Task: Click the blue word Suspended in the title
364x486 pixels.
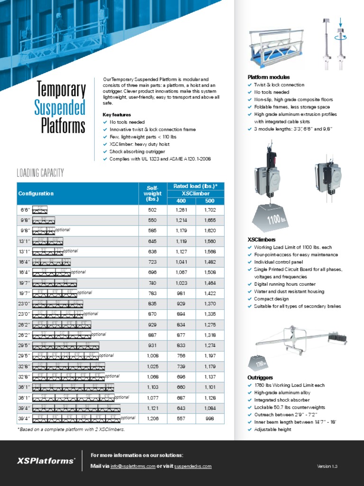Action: (60, 108)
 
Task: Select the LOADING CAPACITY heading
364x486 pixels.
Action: (40, 173)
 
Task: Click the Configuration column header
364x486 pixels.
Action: (36, 194)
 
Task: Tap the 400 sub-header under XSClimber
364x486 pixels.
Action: (181, 201)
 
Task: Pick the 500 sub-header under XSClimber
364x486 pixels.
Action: (209, 201)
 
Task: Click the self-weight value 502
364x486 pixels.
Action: (152, 210)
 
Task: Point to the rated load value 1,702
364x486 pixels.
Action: (209, 210)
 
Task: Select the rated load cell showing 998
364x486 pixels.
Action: (209, 418)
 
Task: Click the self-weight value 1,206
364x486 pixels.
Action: (152, 418)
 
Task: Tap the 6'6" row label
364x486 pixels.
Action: (25, 210)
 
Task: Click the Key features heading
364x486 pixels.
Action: (117, 115)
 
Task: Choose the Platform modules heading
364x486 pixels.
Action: (269, 77)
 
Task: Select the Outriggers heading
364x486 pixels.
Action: (260, 377)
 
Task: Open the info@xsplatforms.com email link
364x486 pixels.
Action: (133, 467)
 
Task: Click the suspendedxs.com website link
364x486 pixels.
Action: (192, 467)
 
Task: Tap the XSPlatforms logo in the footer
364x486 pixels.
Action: (46, 461)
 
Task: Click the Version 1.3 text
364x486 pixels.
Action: (327, 467)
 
